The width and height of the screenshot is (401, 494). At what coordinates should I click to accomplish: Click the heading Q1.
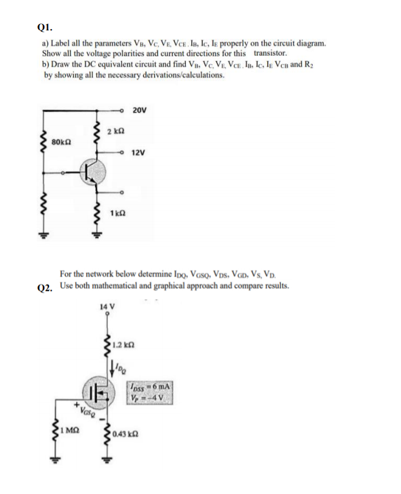tap(45, 28)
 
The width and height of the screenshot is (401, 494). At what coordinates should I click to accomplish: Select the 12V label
tap(138, 153)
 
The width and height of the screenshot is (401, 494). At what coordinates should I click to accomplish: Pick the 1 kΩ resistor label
tap(117, 213)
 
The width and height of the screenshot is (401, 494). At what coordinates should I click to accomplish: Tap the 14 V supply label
tap(107, 306)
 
